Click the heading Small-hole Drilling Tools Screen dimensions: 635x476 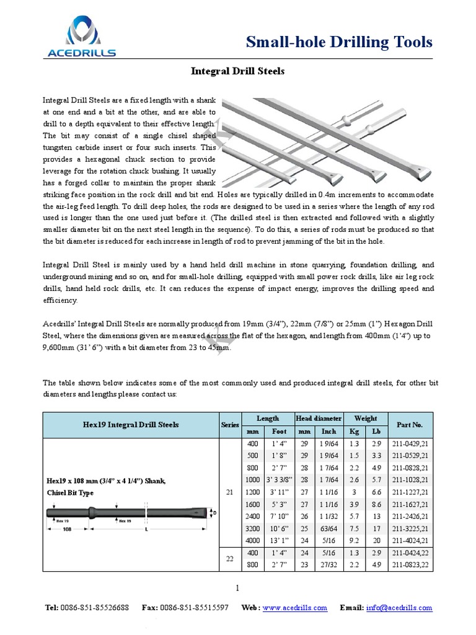339,42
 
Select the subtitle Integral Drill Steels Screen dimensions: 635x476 237,71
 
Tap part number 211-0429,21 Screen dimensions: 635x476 408,445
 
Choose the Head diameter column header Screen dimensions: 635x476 319,419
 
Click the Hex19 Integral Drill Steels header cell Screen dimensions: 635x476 130,425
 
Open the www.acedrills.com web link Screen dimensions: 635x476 294,608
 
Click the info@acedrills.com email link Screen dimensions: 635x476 400,608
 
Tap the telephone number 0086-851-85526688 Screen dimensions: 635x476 95,608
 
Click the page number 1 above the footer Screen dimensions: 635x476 237,587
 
